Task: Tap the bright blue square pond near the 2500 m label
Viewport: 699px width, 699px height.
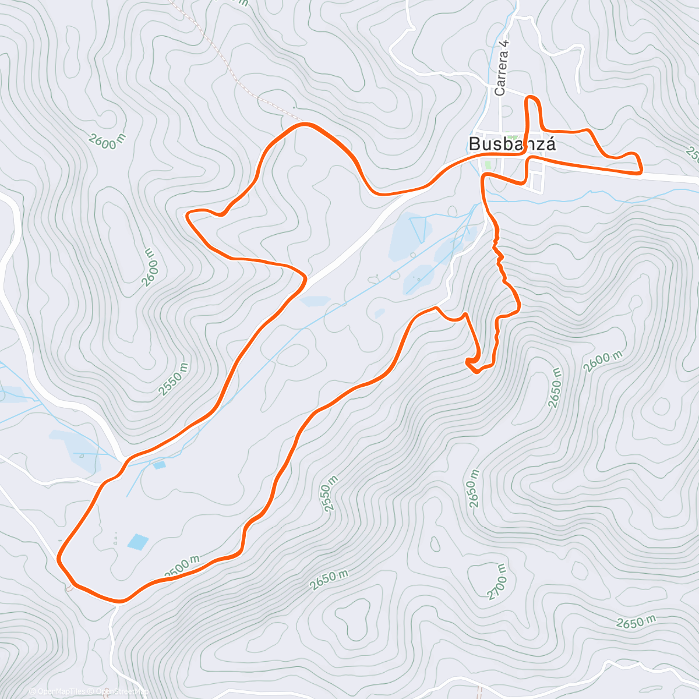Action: (x=138, y=542)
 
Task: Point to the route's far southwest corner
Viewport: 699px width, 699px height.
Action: (x=61, y=559)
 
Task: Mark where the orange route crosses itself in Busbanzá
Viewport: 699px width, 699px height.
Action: (x=528, y=154)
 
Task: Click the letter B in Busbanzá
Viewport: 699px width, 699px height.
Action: (x=475, y=144)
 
